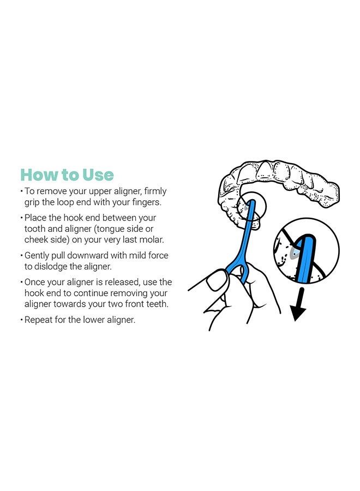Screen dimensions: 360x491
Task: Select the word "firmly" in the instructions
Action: coord(155,191)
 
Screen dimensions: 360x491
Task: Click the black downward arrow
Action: coord(298,304)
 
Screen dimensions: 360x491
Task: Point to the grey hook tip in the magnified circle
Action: coord(293,253)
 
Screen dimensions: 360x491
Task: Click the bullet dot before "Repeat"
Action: coord(22,320)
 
